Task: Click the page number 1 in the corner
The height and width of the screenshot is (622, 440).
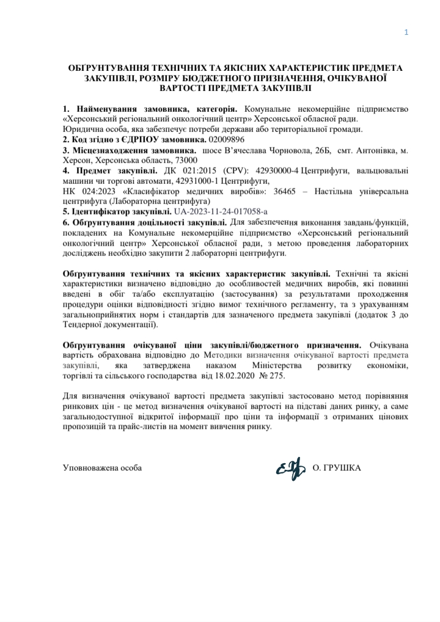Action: pyautogui.click(x=406, y=32)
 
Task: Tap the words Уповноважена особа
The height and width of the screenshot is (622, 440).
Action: pyautogui.click(x=103, y=469)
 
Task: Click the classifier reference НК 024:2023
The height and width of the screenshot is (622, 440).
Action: pyautogui.click(x=86, y=191)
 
